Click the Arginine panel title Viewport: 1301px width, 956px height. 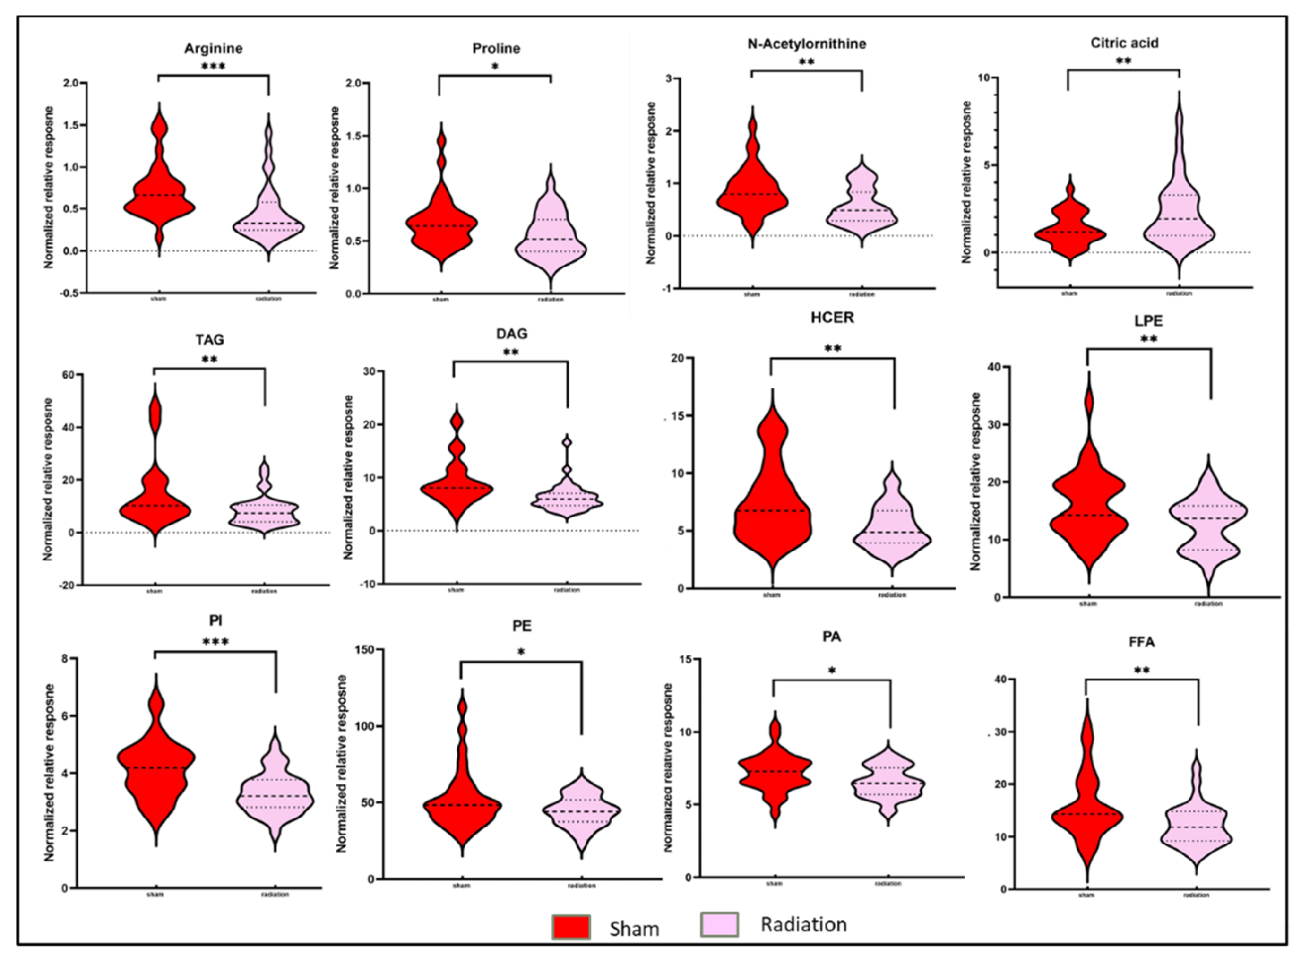(x=213, y=49)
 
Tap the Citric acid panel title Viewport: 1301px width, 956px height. (x=1124, y=43)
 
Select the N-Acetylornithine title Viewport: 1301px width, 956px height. (x=807, y=44)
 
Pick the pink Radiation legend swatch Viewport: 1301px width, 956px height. (x=719, y=925)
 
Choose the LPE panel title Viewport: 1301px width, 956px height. (x=1149, y=320)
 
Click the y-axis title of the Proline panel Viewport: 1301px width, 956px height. (x=335, y=188)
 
